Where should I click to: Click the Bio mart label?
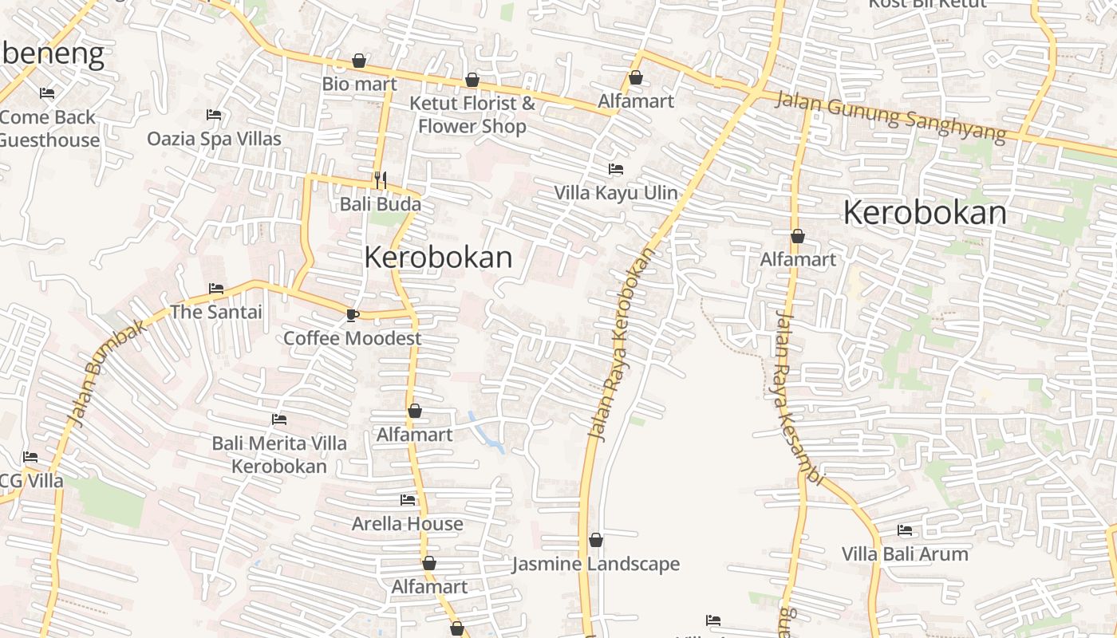(359, 84)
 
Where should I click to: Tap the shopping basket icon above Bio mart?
(359, 61)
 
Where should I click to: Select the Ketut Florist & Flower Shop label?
(472, 115)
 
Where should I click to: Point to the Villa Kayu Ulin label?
(616, 193)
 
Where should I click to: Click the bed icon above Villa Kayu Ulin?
(616, 169)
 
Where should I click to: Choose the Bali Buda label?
(381, 204)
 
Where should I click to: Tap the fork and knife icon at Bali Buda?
(381, 180)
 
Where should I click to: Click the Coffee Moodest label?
(353, 338)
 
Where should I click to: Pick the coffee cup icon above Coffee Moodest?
(353, 315)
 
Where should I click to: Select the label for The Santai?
(215, 312)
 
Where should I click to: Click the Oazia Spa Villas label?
(214, 139)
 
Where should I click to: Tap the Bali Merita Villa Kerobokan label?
(279, 455)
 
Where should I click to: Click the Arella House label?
(408, 524)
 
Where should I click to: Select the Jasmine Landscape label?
(596, 564)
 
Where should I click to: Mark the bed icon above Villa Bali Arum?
(905, 530)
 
